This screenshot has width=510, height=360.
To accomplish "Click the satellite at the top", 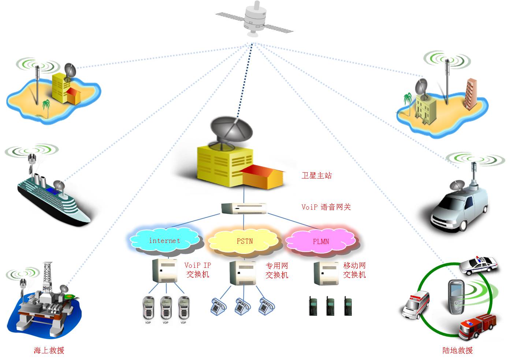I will (254, 19).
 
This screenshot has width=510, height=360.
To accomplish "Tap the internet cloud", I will (165, 241).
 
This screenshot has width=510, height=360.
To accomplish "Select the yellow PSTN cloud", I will (244, 241).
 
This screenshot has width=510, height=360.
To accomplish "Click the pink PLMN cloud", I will (321, 241).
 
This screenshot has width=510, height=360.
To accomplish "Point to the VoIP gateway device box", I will (244, 208).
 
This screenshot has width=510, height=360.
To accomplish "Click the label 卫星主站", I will (317, 176).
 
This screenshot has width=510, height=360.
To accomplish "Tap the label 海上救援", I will (49, 350).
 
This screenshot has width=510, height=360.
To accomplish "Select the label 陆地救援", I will (458, 350).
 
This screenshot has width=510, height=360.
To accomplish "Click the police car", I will (479, 265).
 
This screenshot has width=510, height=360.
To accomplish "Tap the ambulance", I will (416, 305).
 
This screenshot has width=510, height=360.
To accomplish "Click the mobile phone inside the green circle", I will (456, 296).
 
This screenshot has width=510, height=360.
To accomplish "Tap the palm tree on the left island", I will (46, 108).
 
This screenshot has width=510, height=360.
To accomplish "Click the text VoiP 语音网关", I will (326, 207).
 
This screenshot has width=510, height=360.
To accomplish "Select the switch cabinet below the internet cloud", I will (165, 270).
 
